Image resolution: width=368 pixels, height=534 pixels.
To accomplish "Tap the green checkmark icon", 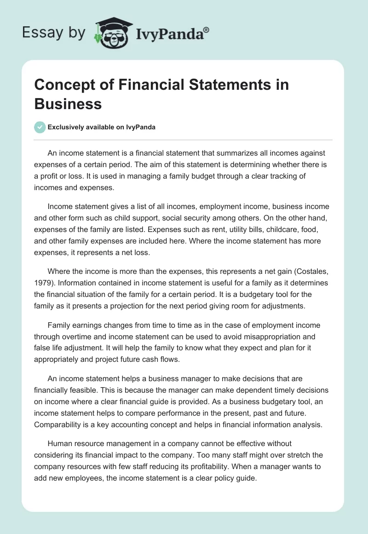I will coord(40,127).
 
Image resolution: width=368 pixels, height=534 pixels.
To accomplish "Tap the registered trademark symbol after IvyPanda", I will coord(207,29).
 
